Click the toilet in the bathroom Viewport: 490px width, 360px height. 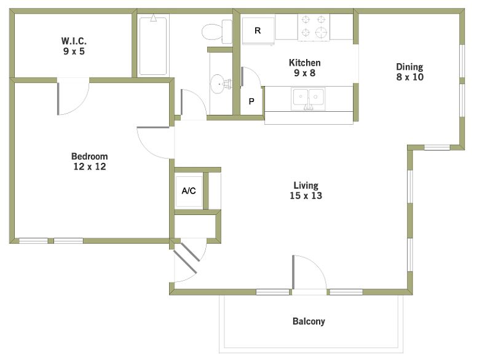(x=217, y=31)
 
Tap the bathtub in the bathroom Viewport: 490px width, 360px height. (x=153, y=46)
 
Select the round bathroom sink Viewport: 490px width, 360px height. (x=221, y=84)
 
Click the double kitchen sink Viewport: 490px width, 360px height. (x=308, y=99)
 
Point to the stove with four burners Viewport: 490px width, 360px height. (x=314, y=28)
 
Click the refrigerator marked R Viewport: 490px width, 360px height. (x=258, y=31)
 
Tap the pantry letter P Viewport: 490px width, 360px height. (x=251, y=101)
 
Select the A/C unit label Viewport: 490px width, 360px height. (x=189, y=190)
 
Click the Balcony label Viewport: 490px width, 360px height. (x=309, y=321)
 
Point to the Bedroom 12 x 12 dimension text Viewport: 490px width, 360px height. (x=90, y=166)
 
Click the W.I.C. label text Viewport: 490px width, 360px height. (x=74, y=41)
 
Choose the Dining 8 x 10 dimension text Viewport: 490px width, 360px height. (x=410, y=77)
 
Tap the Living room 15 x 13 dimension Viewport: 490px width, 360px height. (x=306, y=195)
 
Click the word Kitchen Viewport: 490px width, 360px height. (x=305, y=63)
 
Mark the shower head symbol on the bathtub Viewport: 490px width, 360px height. (x=153, y=18)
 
